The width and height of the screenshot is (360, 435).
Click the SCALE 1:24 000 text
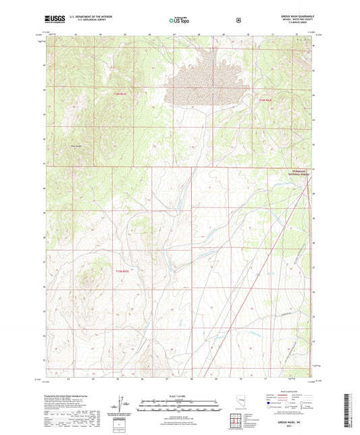pyautogui.click(x=180, y=396)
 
